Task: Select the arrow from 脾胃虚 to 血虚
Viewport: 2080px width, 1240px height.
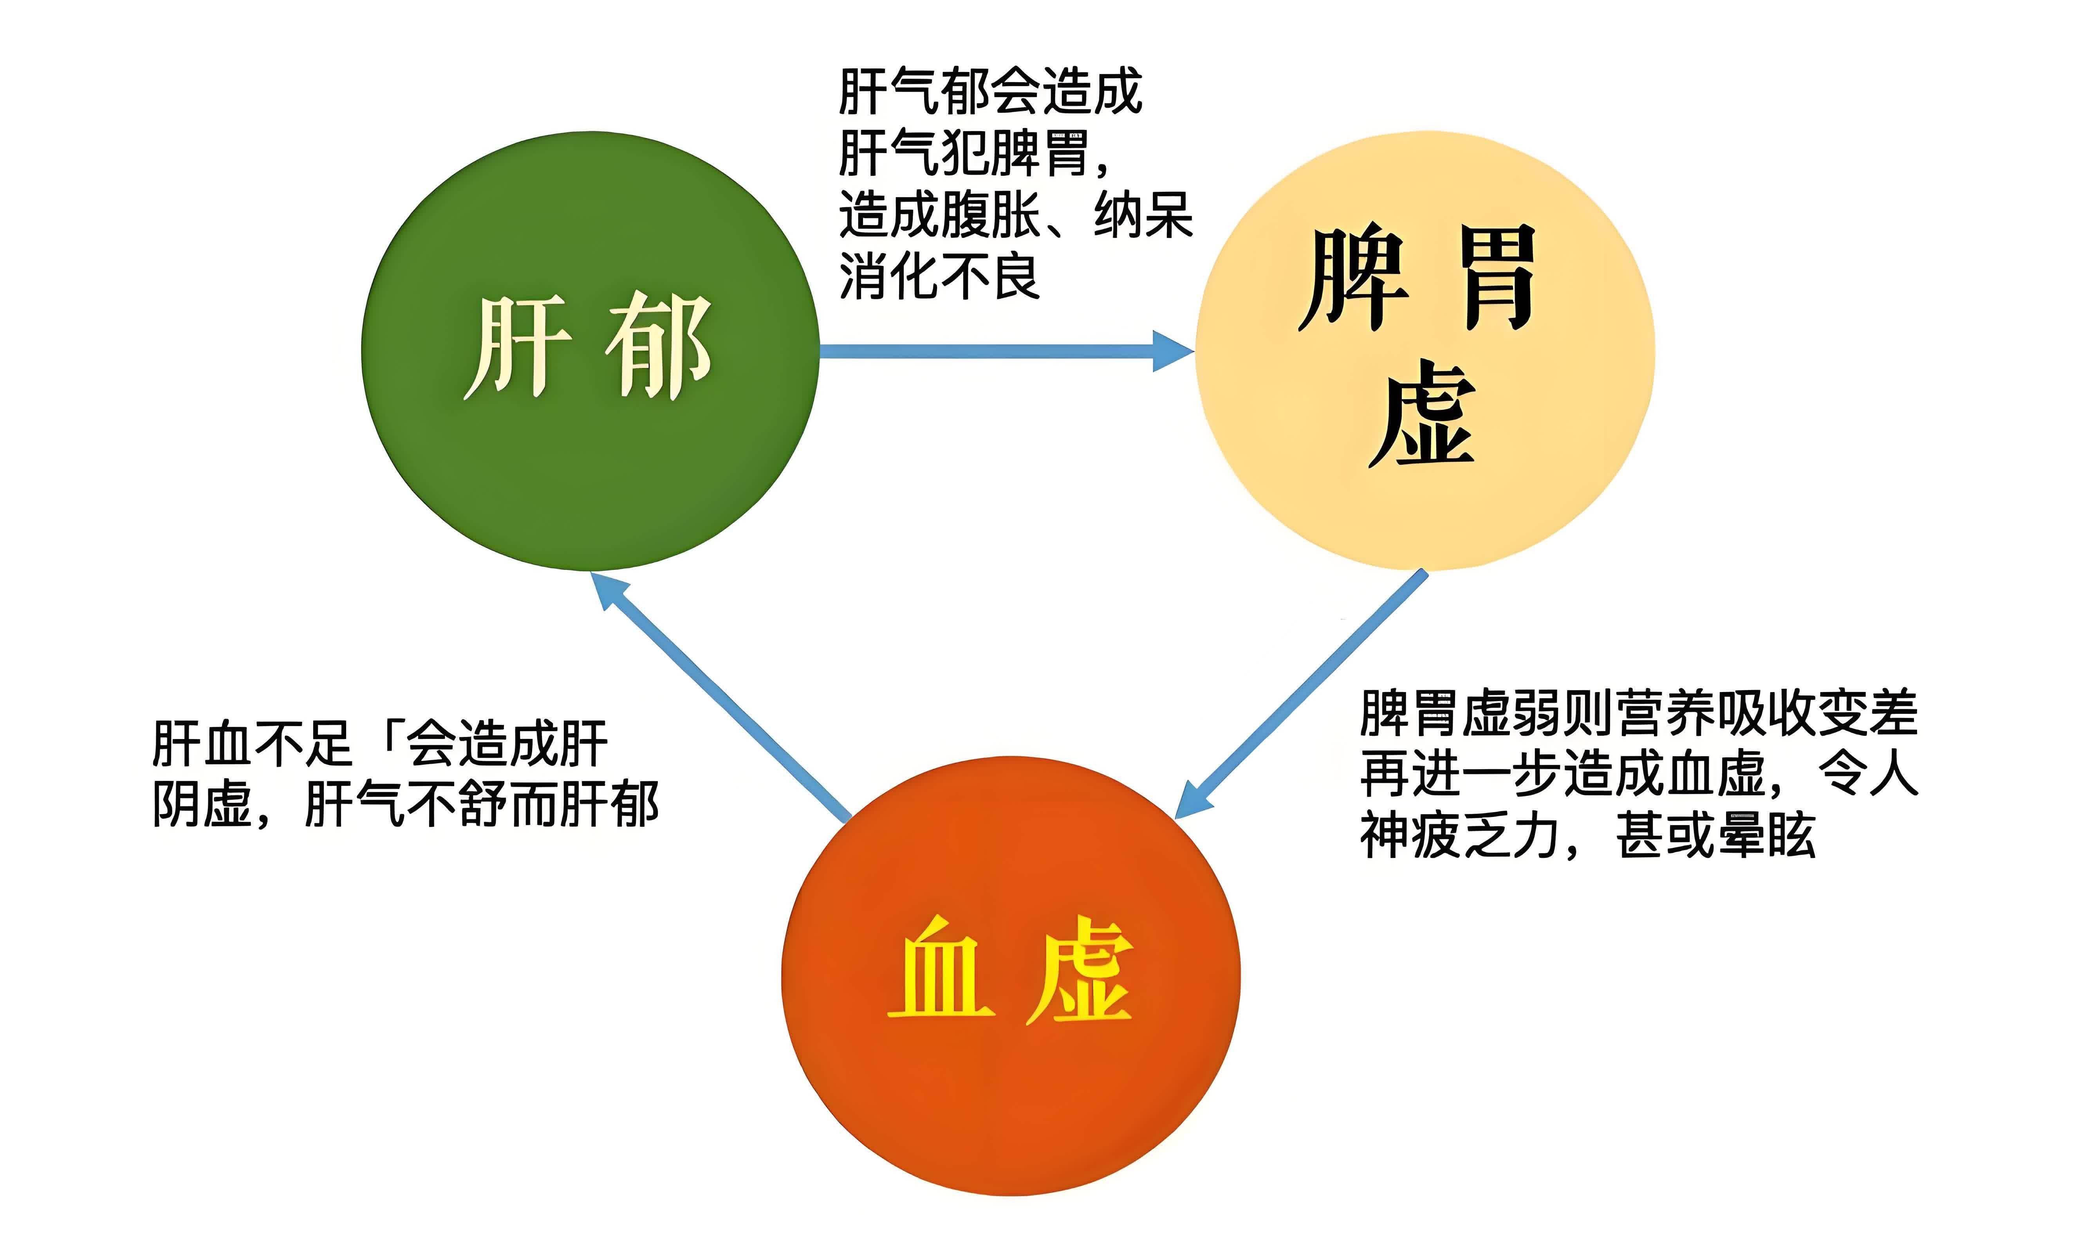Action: tap(1304, 694)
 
